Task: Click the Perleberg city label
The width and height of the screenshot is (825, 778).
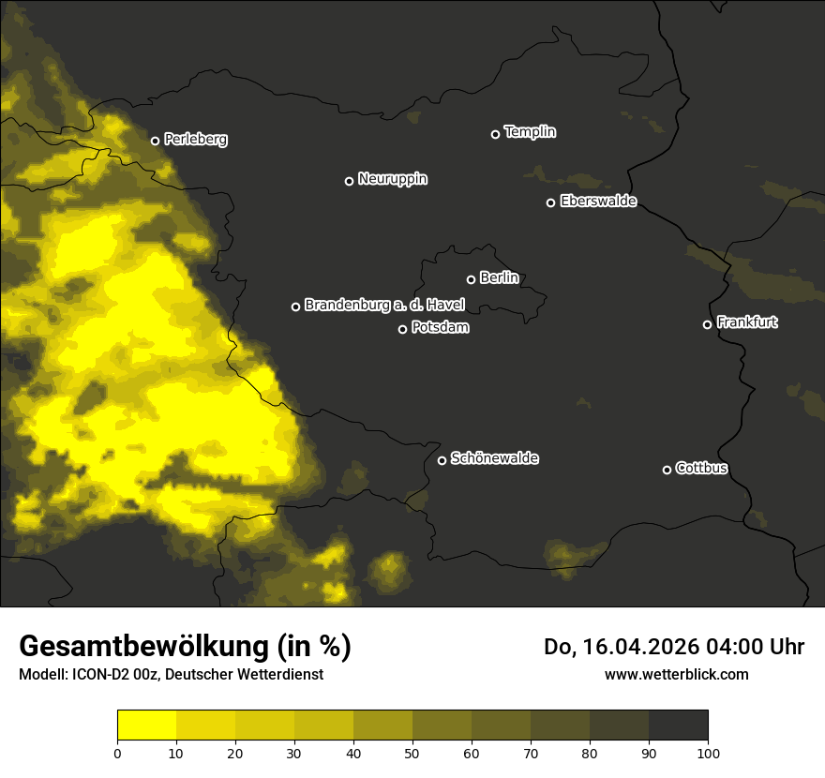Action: [x=195, y=140]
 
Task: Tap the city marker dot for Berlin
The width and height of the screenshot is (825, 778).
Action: [x=471, y=279]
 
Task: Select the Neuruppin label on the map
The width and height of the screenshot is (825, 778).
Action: [x=392, y=179]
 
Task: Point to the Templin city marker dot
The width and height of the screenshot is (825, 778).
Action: [x=495, y=134]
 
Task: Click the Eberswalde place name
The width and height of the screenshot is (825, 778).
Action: [x=598, y=202]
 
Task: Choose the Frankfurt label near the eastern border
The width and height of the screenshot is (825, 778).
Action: [x=746, y=322]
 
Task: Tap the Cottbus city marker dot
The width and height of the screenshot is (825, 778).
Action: [x=667, y=470]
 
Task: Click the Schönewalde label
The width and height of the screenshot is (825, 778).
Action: [x=494, y=458]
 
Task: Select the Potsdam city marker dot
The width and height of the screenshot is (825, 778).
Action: [x=402, y=329]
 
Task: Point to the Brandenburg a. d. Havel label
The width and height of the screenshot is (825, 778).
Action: [x=383, y=306]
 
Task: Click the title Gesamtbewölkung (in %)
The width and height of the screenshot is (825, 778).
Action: [x=185, y=647]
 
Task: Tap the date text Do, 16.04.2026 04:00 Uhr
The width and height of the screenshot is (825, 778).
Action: [x=673, y=647]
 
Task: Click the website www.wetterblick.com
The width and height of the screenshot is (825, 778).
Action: [x=676, y=674]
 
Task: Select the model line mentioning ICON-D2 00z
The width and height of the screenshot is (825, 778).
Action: [x=171, y=674]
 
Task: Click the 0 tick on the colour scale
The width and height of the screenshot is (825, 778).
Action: [x=117, y=752]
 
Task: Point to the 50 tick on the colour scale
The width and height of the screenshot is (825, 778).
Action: [x=412, y=752]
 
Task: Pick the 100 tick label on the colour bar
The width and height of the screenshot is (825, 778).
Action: [x=708, y=752]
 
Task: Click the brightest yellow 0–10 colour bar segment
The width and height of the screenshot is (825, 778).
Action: [x=146, y=726]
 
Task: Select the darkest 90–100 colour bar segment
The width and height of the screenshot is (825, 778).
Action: [x=678, y=726]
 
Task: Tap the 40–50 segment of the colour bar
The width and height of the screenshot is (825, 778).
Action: [x=382, y=726]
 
